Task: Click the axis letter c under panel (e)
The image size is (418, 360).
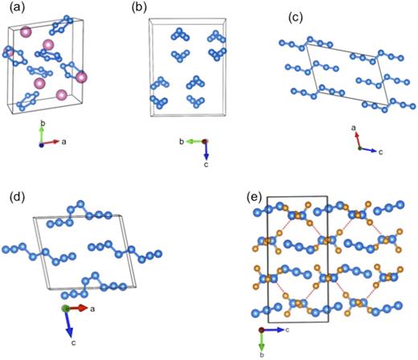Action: tap(287, 329)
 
